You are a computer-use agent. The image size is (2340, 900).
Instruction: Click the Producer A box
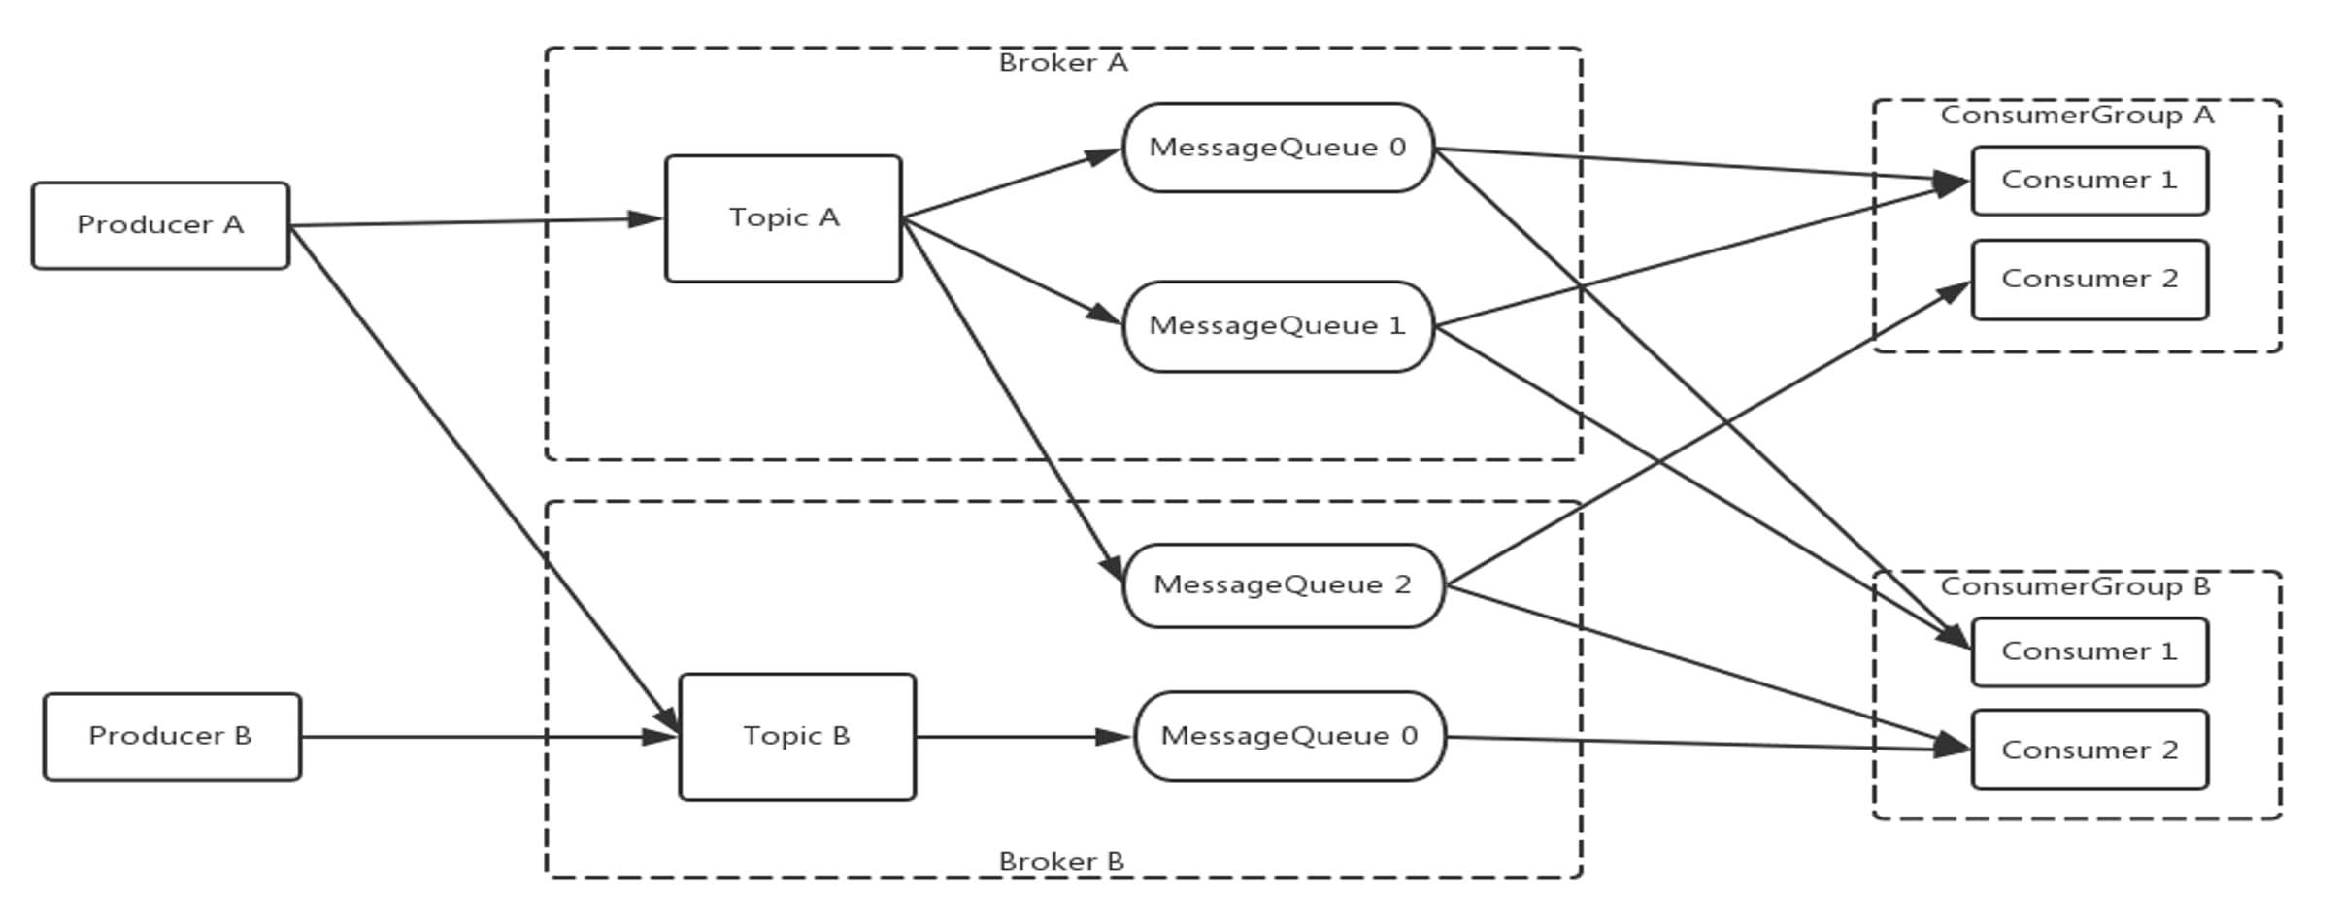(160, 225)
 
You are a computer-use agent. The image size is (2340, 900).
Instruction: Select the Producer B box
(172, 736)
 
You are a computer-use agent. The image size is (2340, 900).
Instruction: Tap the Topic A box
(783, 218)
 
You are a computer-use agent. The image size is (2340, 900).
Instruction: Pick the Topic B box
(796, 737)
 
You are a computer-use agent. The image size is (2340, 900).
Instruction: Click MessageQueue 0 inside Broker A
(1278, 148)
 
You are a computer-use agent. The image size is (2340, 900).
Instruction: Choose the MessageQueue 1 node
(1278, 326)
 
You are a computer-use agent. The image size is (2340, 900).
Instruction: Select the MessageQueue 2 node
(1283, 585)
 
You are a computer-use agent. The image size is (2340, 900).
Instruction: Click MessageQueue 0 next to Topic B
(1289, 736)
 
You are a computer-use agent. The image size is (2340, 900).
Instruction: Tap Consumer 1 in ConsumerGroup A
(2089, 181)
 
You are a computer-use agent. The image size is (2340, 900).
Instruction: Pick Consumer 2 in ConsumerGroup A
(2089, 280)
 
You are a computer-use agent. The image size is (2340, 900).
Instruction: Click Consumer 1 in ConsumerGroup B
(2089, 651)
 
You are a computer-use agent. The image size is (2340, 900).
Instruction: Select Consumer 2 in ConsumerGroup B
(2089, 750)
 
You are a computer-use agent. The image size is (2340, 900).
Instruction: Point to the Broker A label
(1063, 63)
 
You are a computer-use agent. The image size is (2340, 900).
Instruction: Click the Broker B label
(1061, 861)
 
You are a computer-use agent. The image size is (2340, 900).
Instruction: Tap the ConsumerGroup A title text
(2077, 116)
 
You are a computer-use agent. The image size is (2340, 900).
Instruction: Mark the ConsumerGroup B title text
(2075, 586)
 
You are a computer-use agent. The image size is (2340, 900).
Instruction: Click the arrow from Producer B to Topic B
(485, 737)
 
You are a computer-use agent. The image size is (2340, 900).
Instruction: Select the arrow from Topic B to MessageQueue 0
(1020, 737)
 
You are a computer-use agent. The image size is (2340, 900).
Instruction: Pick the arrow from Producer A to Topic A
(476, 222)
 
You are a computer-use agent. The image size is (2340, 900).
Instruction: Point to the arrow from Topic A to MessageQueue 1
(1010, 270)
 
